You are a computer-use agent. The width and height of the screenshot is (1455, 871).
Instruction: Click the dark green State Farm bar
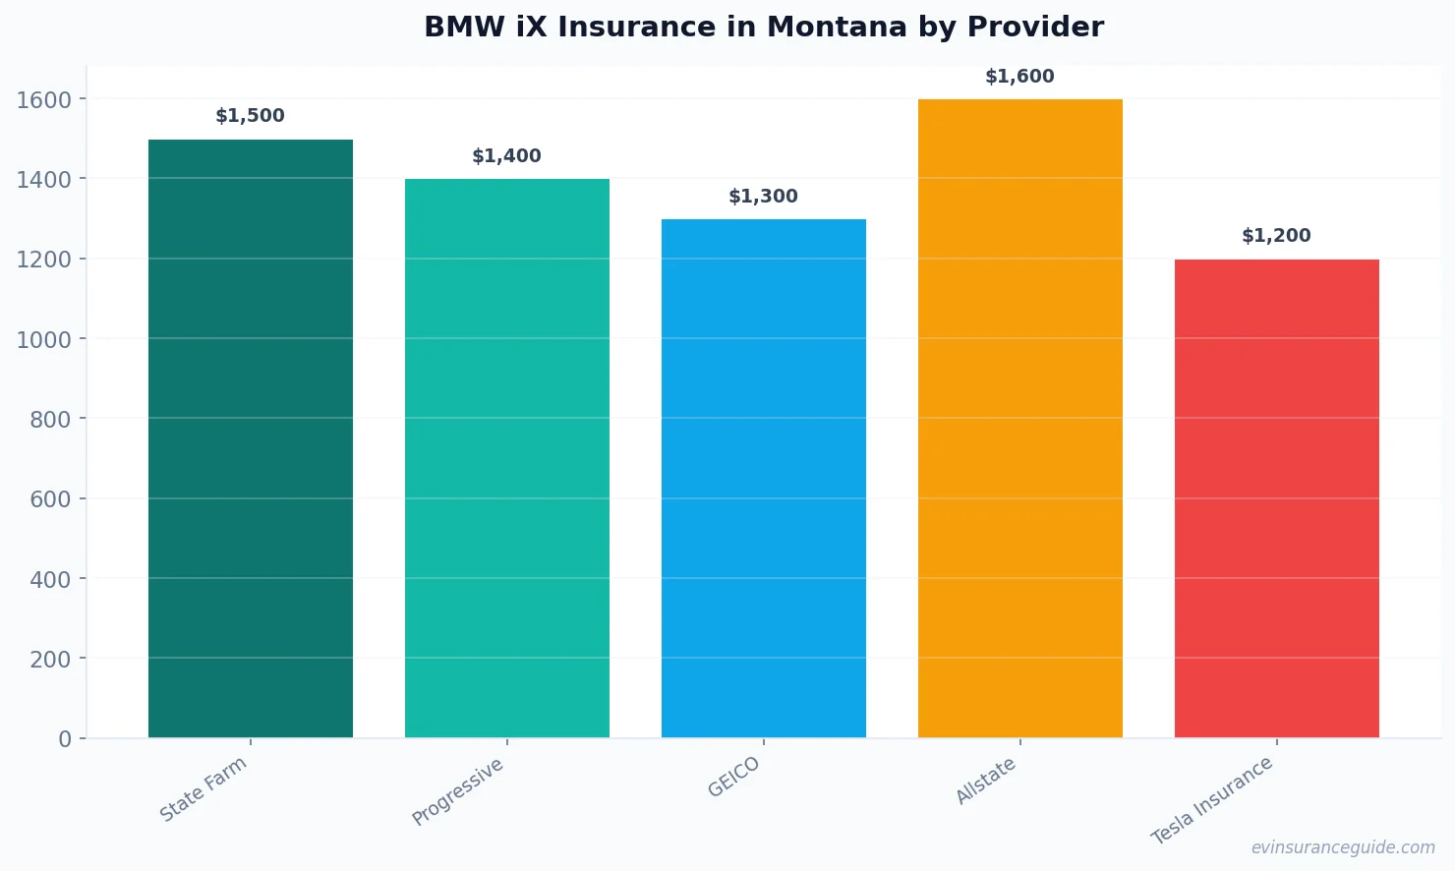point(250,438)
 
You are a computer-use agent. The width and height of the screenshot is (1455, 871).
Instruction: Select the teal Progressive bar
point(506,458)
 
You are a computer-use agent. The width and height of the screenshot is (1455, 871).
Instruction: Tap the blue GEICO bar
point(763,478)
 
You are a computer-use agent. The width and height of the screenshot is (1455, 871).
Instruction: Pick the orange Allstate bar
point(1019,418)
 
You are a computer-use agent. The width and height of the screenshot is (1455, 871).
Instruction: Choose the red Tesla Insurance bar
point(1276,498)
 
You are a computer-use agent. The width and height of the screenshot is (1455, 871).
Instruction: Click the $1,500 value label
point(250,116)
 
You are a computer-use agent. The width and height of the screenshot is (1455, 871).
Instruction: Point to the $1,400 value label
point(506,156)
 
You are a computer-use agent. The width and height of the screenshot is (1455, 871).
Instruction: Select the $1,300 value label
point(763,197)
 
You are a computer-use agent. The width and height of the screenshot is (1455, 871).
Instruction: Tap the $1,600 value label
point(1019,77)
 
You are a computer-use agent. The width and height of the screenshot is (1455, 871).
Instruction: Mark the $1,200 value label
point(1276,236)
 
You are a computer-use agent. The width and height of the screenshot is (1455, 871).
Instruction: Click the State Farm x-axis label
point(204,789)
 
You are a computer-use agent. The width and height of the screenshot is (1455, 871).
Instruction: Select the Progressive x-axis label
point(458,791)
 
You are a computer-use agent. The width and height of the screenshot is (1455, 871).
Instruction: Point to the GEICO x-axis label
point(734,778)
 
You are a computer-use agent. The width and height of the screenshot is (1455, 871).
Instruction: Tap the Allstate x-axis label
point(986,782)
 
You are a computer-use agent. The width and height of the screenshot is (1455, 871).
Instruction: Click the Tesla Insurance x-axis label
point(1212,800)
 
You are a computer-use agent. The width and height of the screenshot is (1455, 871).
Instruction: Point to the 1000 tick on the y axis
point(44,339)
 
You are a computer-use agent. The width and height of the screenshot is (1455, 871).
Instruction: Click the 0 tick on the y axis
point(65,739)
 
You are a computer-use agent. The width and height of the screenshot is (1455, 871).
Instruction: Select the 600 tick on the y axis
point(50,499)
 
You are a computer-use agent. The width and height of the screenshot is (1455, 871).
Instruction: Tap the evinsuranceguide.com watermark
point(1343,847)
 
